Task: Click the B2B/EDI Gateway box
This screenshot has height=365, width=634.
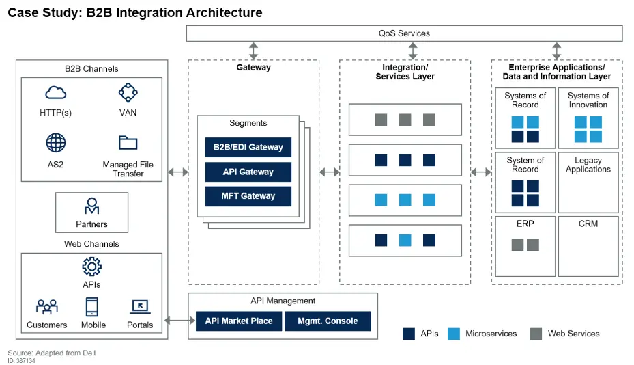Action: click(248, 148)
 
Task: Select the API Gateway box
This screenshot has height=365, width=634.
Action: click(248, 172)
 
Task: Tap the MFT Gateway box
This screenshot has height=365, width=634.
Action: click(248, 196)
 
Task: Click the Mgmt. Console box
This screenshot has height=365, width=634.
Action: click(328, 321)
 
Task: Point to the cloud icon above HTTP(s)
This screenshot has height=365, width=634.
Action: click(55, 93)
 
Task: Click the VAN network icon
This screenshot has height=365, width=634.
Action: click(128, 92)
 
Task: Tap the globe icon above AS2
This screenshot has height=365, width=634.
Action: click(55, 143)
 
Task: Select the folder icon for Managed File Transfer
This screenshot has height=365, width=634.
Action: click(128, 142)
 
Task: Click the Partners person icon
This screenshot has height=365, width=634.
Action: click(91, 206)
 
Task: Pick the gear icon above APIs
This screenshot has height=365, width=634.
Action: click(91, 267)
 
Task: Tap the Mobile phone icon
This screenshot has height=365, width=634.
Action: click(91, 307)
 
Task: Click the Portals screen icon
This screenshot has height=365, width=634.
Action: click(139, 307)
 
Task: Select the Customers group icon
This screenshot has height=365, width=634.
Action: click(47, 307)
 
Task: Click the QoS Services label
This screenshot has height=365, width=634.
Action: click(404, 33)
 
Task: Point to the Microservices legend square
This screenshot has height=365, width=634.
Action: click(454, 334)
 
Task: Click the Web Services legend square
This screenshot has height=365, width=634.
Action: click(536, 334)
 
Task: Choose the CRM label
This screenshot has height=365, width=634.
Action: click(588, 224)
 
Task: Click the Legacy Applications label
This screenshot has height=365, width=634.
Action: click(588, 165)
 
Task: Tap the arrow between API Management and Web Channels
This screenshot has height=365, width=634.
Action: click(178, 320)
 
